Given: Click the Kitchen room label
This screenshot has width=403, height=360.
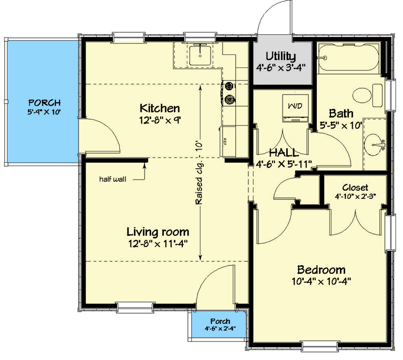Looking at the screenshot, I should (x=160, y=108).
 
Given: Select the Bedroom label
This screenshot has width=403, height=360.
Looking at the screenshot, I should (x=320, y=269).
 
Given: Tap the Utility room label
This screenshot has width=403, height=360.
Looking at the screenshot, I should (x=281, y=56).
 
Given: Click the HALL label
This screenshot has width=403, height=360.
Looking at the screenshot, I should (x=283, y=152).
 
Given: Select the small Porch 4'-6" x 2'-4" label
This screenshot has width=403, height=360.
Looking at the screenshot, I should (x=220, y=321).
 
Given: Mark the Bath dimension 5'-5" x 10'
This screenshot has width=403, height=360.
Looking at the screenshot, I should (x=342, y=125).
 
